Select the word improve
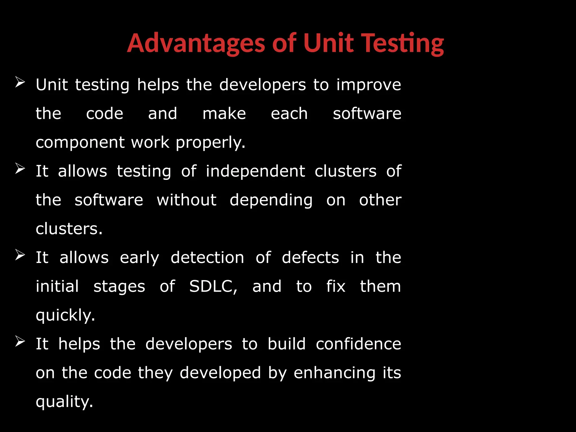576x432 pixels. (369, 85)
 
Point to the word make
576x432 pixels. (224, 114)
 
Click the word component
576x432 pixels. (80, 143)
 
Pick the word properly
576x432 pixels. (210, 143)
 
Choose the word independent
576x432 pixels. (255, 171)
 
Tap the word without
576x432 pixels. (186, 200)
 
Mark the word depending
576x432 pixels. (271, 201)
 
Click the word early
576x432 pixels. (139, 258)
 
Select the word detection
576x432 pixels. (207, 258)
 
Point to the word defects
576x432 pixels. (310, 258)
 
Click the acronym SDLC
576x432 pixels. (213, 287)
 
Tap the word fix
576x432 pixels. (336, 286)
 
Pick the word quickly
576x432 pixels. (65, 316)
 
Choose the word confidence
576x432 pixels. (358, 344)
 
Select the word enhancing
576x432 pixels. (334, 373)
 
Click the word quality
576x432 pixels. (64, 402)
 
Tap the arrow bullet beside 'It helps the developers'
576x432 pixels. (20, 341)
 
